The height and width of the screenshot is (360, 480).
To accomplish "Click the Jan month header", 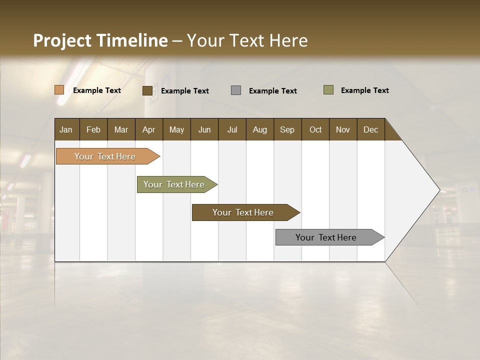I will (66, 129).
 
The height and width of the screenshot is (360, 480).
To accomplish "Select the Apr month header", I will (148, 129).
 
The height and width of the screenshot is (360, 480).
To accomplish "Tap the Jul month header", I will (232, 129).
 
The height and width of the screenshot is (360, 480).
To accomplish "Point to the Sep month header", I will (287, 129).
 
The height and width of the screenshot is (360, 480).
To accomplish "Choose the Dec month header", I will (370, 129).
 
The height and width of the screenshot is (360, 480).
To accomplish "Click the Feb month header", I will (93, 129).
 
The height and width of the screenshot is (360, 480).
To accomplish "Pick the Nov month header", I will (342, 129).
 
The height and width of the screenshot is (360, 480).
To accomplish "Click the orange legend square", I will (59, 90).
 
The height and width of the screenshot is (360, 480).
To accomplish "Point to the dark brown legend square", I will (147, 90).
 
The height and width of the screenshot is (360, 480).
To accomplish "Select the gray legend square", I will (236, 90).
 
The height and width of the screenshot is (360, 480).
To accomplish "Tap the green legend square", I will (328, 90).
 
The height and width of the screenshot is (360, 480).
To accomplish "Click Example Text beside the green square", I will (364, 90).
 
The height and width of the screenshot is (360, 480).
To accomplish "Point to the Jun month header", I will (204, 129).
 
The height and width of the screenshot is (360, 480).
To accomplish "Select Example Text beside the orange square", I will (97, 90).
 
